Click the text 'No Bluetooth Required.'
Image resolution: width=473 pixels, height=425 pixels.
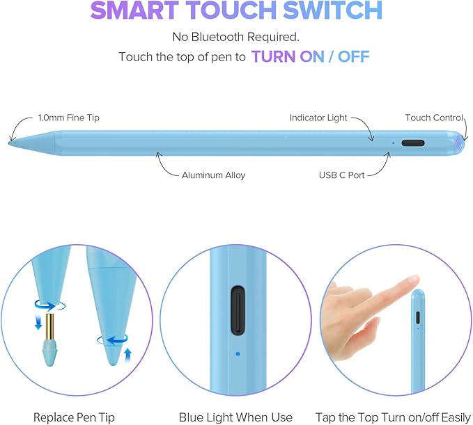236,37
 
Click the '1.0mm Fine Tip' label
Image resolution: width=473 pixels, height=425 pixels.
68,118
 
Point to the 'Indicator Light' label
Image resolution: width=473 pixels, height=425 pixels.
318,118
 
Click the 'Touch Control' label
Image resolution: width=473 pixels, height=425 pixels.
434,118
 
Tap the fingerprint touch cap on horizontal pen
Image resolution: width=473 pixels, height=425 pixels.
458,144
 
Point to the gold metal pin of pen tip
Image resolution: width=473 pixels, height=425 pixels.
49,324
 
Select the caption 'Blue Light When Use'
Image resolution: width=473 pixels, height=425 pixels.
235,417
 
